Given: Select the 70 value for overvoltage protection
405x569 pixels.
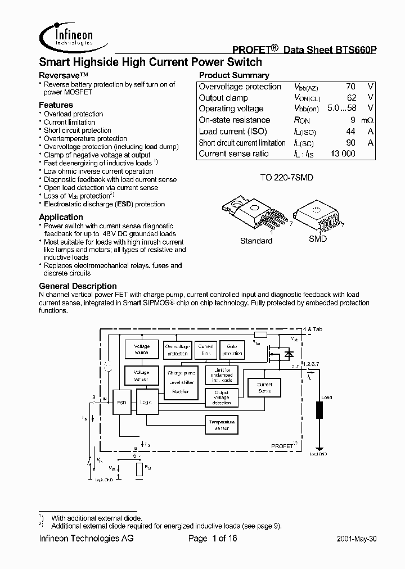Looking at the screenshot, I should point(350,87).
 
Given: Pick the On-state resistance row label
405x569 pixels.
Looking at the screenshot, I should point(234,120).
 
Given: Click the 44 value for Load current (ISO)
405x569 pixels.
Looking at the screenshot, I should point(350,131).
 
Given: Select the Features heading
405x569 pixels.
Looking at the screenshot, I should point(56,105).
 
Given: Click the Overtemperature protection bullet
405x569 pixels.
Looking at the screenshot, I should point(85,138).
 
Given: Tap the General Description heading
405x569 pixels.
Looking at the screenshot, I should point(78,286).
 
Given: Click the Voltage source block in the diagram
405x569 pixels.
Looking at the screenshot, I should point(141,350).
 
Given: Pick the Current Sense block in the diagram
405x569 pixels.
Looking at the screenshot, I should point(264,387).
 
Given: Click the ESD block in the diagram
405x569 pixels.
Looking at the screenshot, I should point(121,403).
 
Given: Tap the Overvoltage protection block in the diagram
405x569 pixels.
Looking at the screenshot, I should point(177,350).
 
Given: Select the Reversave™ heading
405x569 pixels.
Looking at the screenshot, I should point(64,75).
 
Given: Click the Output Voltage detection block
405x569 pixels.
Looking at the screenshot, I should point(222,397).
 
